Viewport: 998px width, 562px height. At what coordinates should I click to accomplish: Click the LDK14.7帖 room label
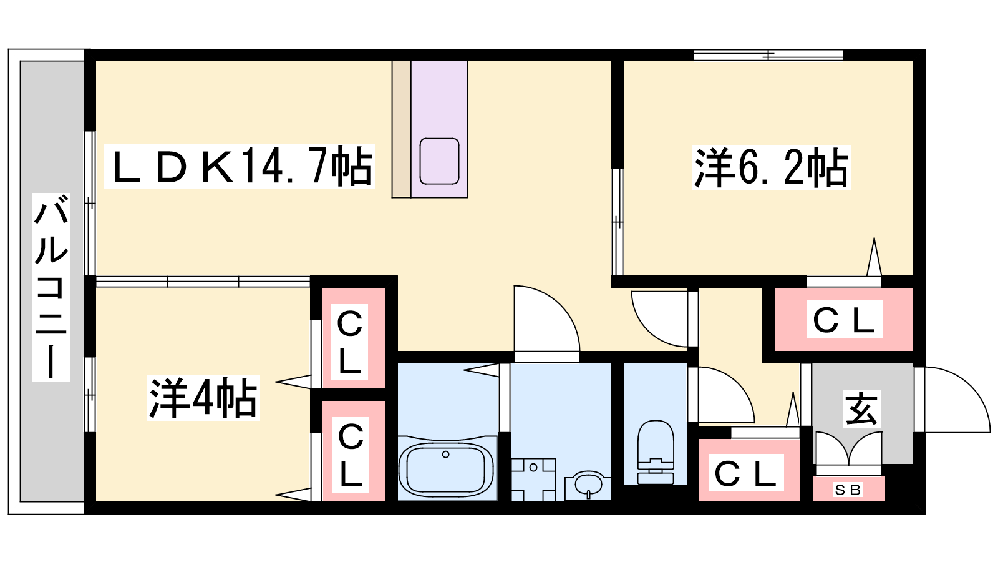(239, 166)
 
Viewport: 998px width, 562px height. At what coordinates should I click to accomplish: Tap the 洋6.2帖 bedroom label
(771, 168)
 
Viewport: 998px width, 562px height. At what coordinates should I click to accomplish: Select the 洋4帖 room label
(203, 398)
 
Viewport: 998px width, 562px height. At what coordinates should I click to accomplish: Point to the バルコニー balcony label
(51, 287)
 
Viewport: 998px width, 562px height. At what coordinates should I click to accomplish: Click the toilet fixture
(656, 452)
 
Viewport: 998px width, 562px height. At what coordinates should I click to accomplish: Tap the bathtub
(447, 468)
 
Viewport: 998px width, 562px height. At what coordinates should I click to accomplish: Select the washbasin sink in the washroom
(588, 486)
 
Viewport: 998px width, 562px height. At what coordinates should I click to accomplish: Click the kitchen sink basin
(439, 161)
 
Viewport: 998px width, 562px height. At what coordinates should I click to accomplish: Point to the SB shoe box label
(848, 490)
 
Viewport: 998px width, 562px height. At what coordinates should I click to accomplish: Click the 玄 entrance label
(861, 409)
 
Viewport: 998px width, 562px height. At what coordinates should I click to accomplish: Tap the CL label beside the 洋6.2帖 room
(845, 319)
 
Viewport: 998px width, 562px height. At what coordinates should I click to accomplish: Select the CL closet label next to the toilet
(746, 473)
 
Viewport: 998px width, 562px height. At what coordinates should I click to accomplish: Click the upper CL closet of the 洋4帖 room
(350, 342)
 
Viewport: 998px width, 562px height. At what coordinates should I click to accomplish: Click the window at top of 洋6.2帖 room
(768, 55)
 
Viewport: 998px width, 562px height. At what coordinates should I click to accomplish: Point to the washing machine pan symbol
(533, 480)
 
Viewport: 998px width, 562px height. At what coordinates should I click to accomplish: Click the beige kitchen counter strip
(401, 129)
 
